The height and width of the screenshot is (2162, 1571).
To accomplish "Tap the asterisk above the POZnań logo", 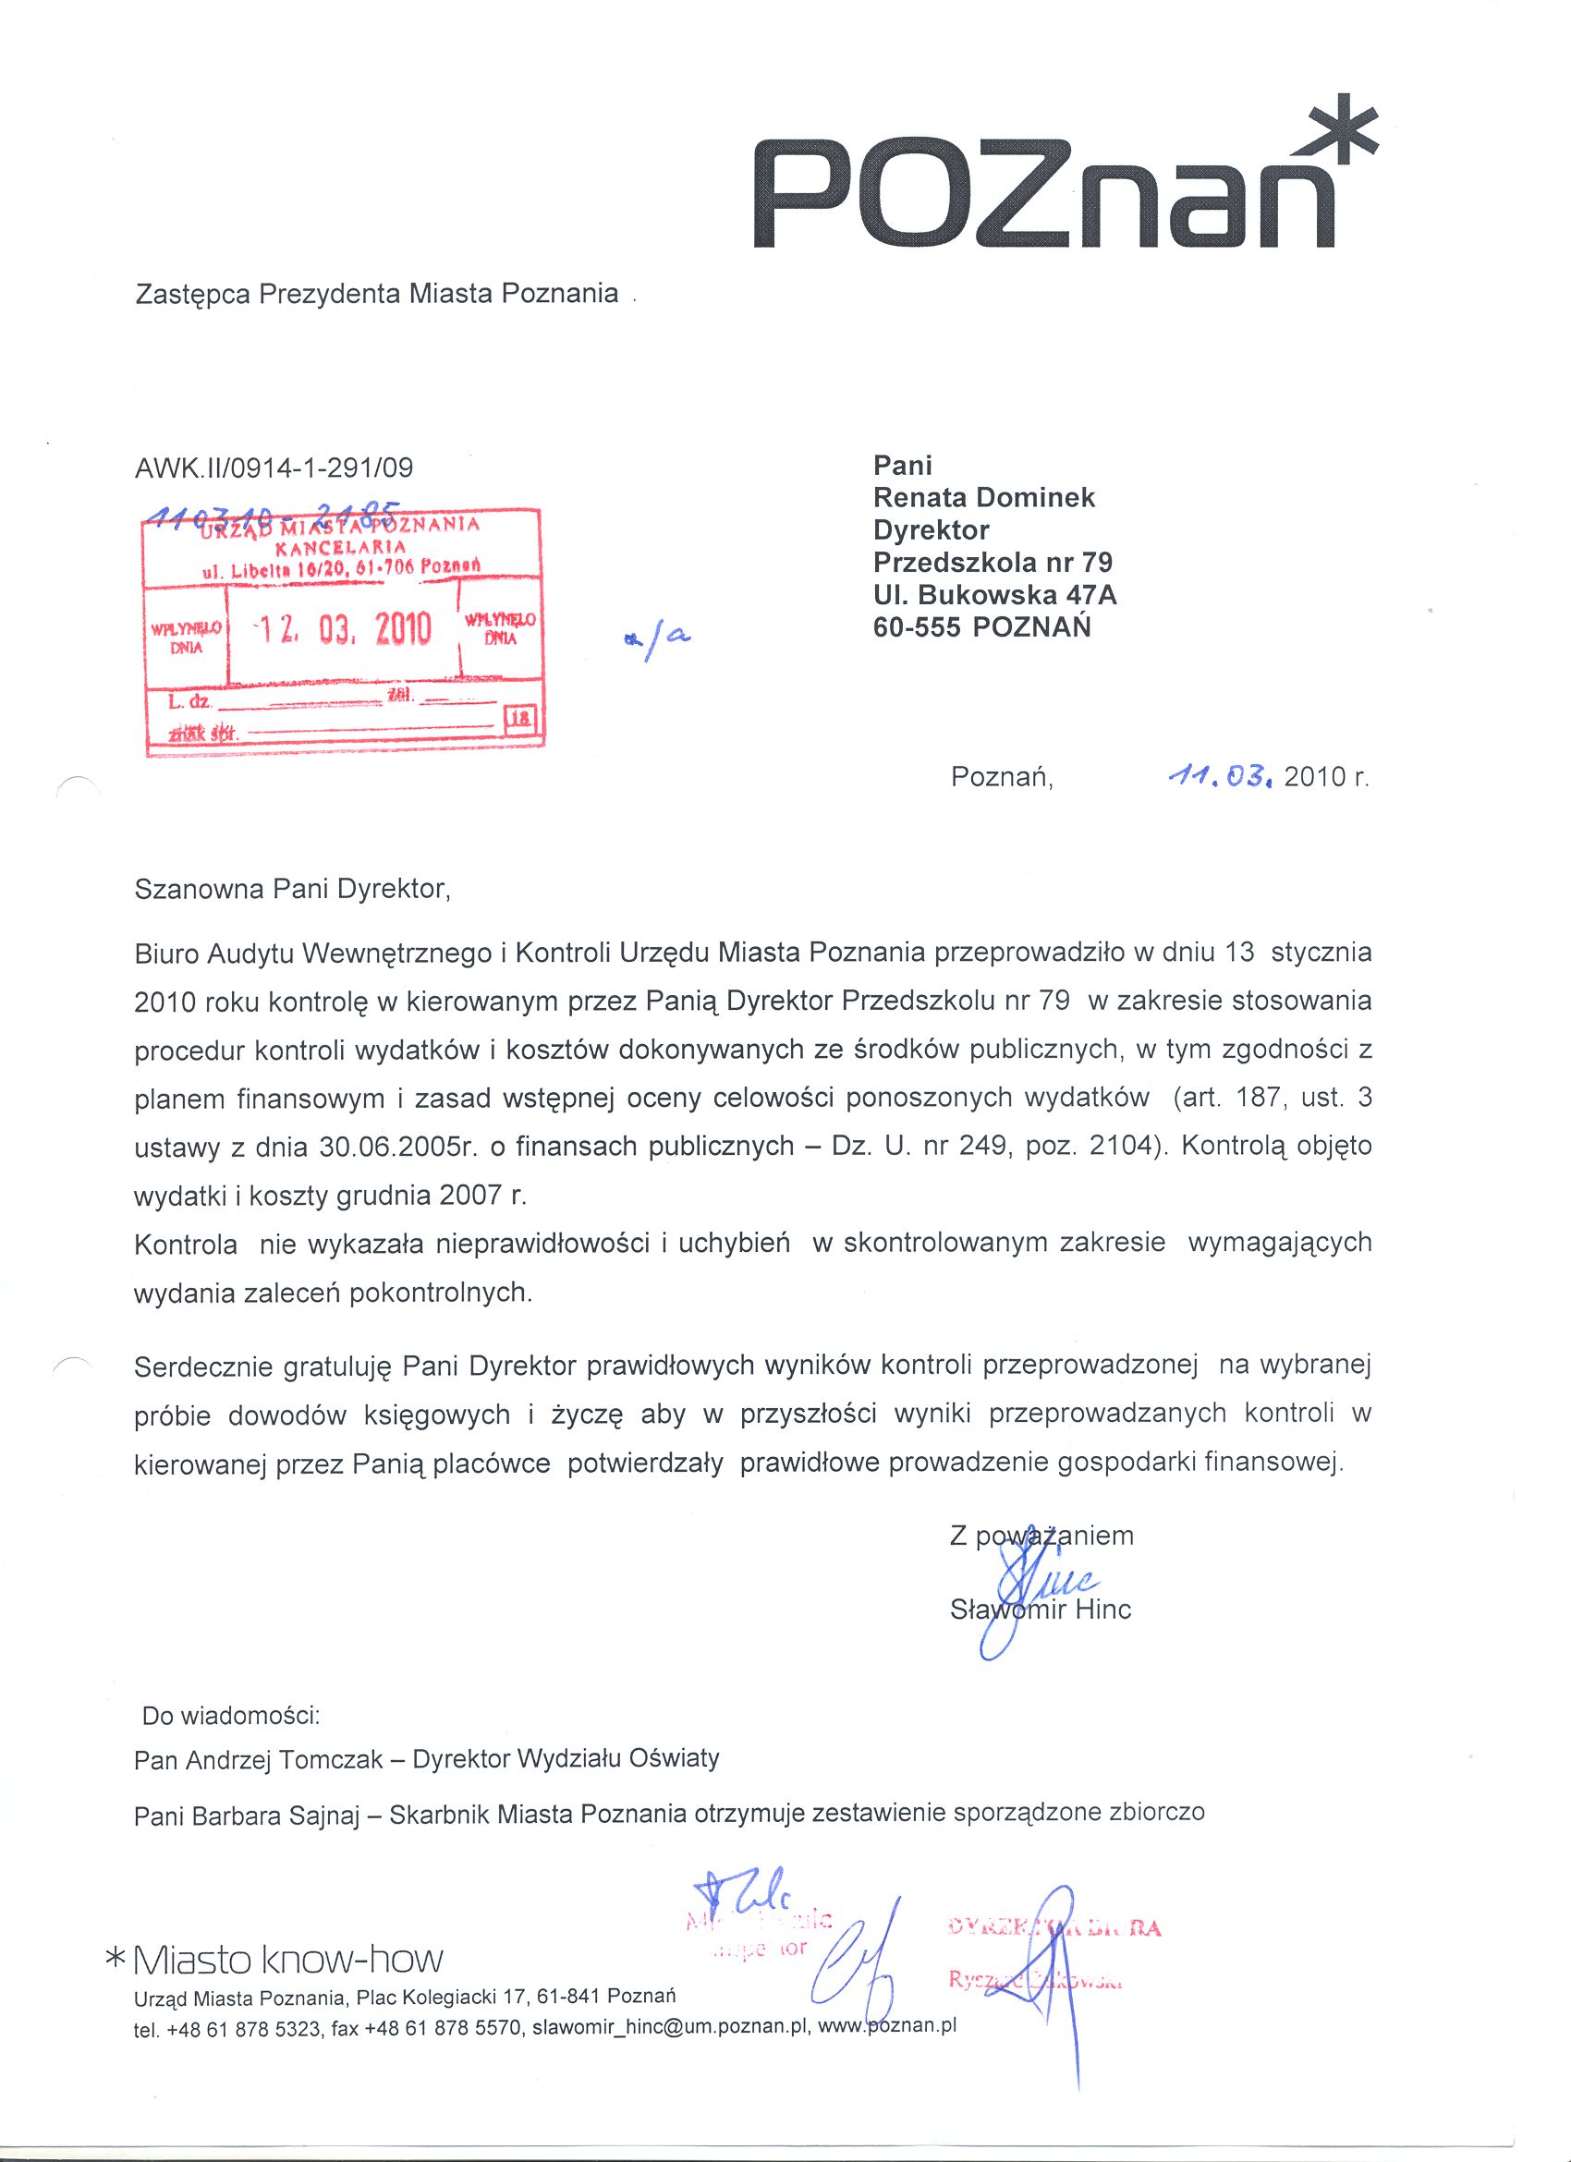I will pos(1340,131).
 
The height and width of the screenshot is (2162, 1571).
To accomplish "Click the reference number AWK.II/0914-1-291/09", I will pos(274,468).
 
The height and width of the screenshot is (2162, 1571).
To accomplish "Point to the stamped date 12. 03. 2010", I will pos(343,630).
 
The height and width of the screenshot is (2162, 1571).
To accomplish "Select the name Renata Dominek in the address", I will pos(984,498).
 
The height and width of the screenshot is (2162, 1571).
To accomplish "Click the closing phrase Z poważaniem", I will pos(1041,1536).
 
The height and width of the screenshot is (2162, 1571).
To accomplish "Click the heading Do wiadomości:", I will pos(231,1716).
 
